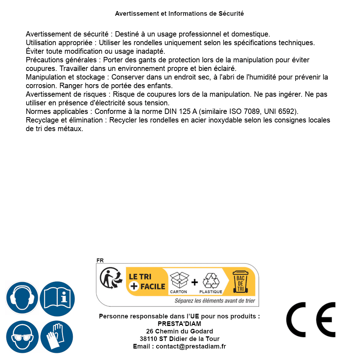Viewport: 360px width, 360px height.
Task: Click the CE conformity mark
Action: pos(311,320)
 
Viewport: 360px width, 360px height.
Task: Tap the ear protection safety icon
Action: pos(22,298)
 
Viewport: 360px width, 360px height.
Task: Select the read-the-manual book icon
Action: pos(57,298)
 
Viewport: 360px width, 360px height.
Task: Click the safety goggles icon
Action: pos(22,337)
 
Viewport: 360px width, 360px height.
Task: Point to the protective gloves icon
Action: pos(57,337)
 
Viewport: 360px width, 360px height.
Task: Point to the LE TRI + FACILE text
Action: pos(147,281)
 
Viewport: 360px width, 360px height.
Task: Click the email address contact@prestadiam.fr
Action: pos(191,346)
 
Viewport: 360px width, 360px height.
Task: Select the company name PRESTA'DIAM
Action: pos(179,324)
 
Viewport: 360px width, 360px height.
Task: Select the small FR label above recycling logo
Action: pos(100,261)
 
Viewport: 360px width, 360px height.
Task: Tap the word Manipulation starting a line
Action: pos(46,77)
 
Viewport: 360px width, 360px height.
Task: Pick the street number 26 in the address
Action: pos(150,331)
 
